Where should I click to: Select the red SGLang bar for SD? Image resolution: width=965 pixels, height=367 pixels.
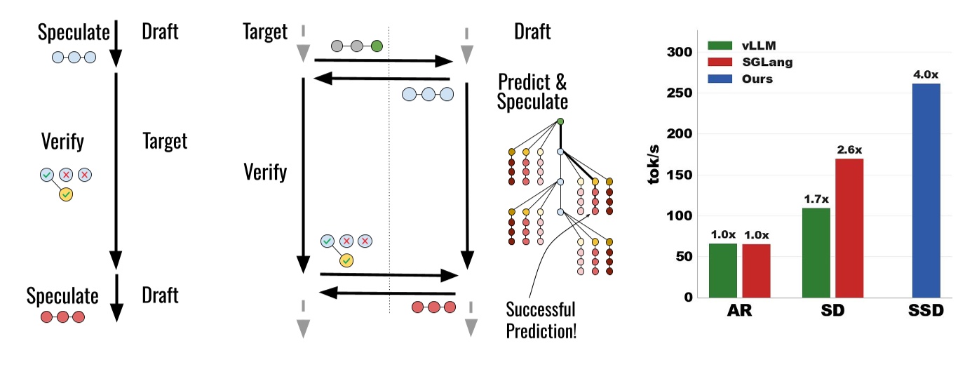849,227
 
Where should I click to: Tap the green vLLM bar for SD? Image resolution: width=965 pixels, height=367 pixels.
816,252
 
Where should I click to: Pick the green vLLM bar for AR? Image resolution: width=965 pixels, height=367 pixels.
723,269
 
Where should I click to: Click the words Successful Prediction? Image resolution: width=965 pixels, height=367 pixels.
541,319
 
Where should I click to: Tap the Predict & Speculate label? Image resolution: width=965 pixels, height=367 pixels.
532,91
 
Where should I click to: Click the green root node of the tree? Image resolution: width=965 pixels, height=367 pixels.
560,121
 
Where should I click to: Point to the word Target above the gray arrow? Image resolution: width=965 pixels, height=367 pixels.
264,32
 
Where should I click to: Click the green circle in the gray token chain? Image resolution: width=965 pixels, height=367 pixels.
376,47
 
